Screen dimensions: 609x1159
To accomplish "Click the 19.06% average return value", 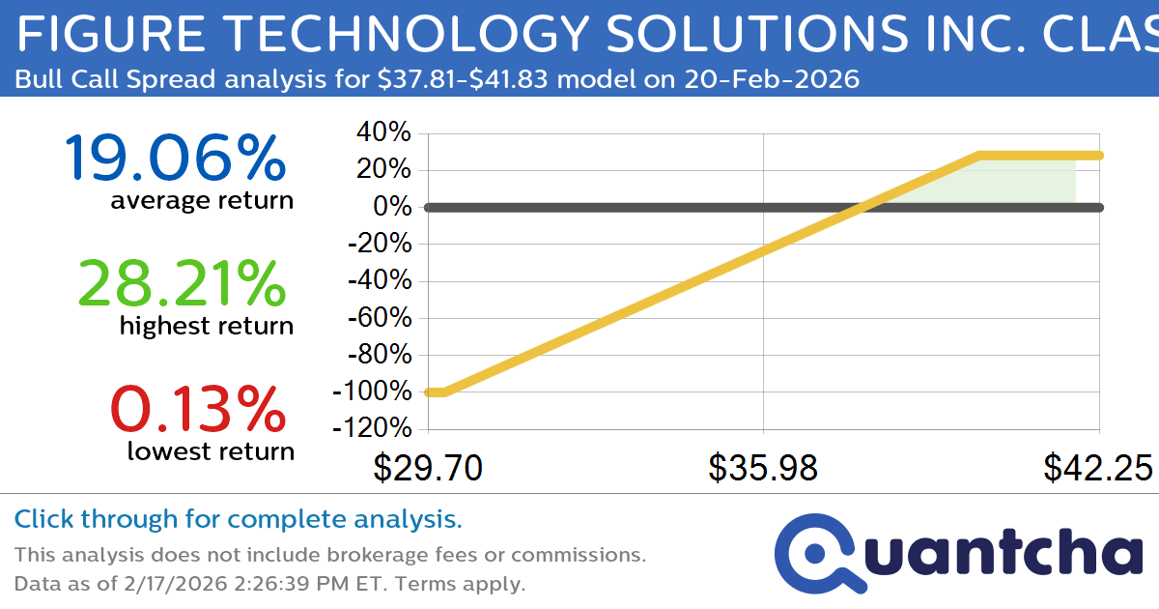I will [x=175, y=159].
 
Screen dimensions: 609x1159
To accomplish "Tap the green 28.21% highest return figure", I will [x=181, y=284].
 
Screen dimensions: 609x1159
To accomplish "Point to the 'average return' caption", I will [x=201, y=201].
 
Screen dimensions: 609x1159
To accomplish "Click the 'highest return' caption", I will [x=206, y=327].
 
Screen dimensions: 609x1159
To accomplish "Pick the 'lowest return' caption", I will [x=211, y=451].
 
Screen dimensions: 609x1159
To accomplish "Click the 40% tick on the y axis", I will [x=384, y=132].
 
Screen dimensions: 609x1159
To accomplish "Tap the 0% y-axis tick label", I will [x=392, y=207].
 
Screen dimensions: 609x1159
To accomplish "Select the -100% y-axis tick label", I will [x=372, y=392].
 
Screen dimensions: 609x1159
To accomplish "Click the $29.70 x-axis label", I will [x=428, y=469].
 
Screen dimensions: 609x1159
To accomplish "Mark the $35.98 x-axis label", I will [x=763, y=469].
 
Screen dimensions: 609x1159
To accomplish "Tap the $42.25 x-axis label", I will [x=1097, y=469].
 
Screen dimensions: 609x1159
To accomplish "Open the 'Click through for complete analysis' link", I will [x=238, y=520].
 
